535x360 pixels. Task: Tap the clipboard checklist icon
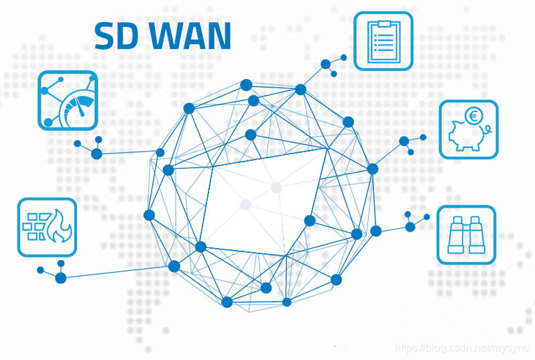pyautogui.click(x=383, y=40)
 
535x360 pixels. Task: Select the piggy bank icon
pyautogui.click(x=469, y=129)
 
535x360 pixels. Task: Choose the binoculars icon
pyautogui.click(x=467, y=234)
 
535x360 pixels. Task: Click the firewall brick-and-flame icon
pyautogui.click(x=47, y=227)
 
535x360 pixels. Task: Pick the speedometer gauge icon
pyautogui.click(x=68, y=100)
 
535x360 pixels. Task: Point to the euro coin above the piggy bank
pyautogui.click(x=473, y=116)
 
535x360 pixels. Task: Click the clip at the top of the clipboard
pyautogui.click(x=383, y=23)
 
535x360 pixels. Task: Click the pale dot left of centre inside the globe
pyautogui.click(x=245, y=204)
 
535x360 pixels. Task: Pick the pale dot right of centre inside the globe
pyautogui.click(x=276, y=188)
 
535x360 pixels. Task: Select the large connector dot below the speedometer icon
pyautogui.click(x=97, y=154)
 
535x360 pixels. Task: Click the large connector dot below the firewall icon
pyautogui.click(x=61, y=278)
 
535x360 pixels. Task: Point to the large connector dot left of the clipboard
pyautogui.click(x=326, y=64)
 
